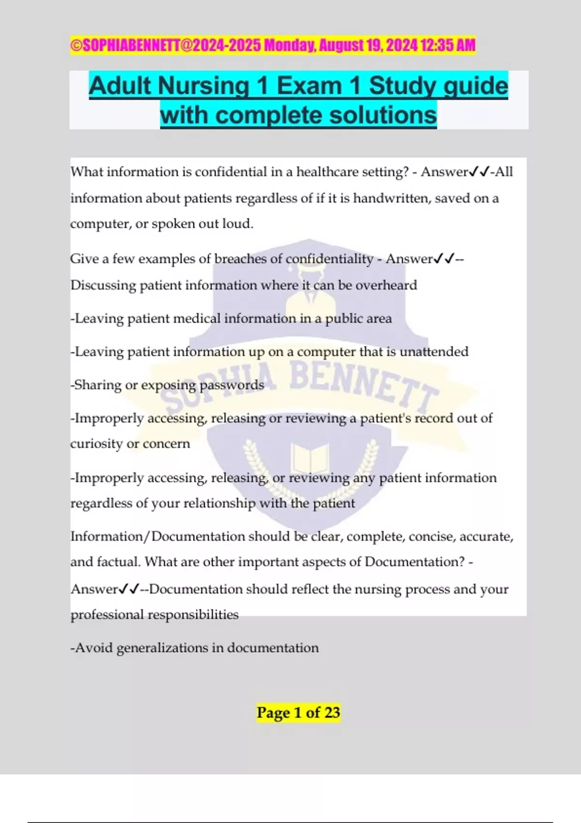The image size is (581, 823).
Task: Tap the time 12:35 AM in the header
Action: (448, 46)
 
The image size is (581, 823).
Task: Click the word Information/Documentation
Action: (158, 536)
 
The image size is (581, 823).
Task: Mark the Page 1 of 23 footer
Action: (298, 713)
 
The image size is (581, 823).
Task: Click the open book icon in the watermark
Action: (310, 458)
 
